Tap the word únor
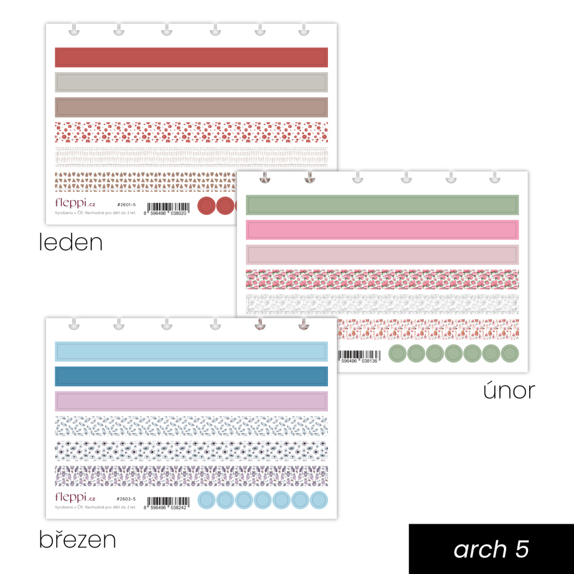click(x=509, y=390)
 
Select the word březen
click(x=77, y=539)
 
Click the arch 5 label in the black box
click(x=491, y=549)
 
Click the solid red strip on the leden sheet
click(x=191, y=57)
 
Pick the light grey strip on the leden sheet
click(x=191, y=82)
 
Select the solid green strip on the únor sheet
click(x=382, y=205)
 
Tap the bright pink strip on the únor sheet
click(x=382, y=230)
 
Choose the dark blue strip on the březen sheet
click(x=191, y=376)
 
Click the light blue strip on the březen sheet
click(x=191, y=351)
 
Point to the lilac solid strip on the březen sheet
click(x=191, y=401)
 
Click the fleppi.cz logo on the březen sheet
click(x=75, y=497)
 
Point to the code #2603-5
click(x=126, y=499)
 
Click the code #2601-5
click(x=126, y=205)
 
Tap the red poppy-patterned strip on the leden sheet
click(x=191, y=132)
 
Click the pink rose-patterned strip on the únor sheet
click(x=382, y=279)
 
